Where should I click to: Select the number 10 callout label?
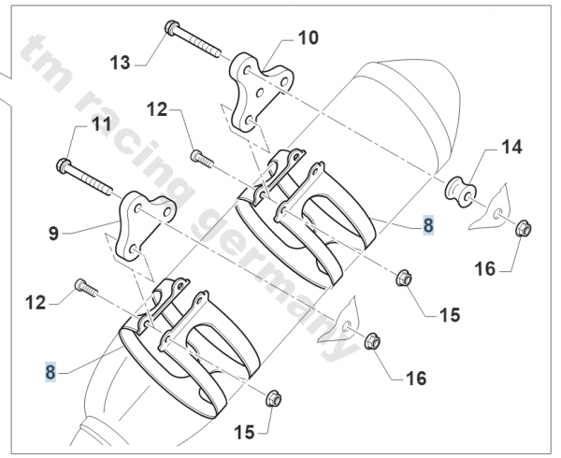click(308, 38)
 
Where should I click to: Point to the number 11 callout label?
click(100, 124)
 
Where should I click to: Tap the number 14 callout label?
click(511, 147)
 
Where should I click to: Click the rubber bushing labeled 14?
click(462, 191)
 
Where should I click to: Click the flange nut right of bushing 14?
click(524, 226)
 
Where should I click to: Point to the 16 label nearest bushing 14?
click(483, 268)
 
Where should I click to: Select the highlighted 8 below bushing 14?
click(428, 224)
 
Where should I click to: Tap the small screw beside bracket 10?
click(197, 156)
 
